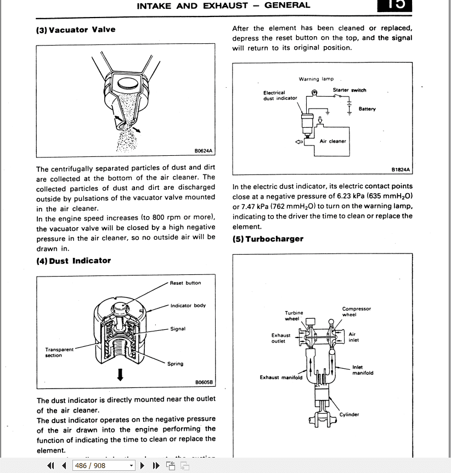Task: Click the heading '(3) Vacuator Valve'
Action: click(76, 30)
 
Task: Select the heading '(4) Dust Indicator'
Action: click(74, 261)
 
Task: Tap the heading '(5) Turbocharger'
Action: click(268, 239)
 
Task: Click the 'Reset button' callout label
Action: click(185, 283)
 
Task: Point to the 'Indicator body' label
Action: click(188, 306)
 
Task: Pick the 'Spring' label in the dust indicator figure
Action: click(176, 364)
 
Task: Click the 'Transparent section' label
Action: click(59, 352)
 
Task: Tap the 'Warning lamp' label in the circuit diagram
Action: click(316, 79)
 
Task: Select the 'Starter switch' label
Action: click(349, 90)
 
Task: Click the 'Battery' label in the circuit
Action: click(368, 109)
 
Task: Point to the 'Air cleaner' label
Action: click(333, 141)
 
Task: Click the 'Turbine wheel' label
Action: click(294, 316)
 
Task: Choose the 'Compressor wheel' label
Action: click(357, 312)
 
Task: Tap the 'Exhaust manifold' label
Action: click(281, 378)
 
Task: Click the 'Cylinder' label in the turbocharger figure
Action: click(349, 415)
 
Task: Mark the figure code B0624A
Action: click(203, 151)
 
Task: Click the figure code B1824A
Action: click(401, 170)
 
